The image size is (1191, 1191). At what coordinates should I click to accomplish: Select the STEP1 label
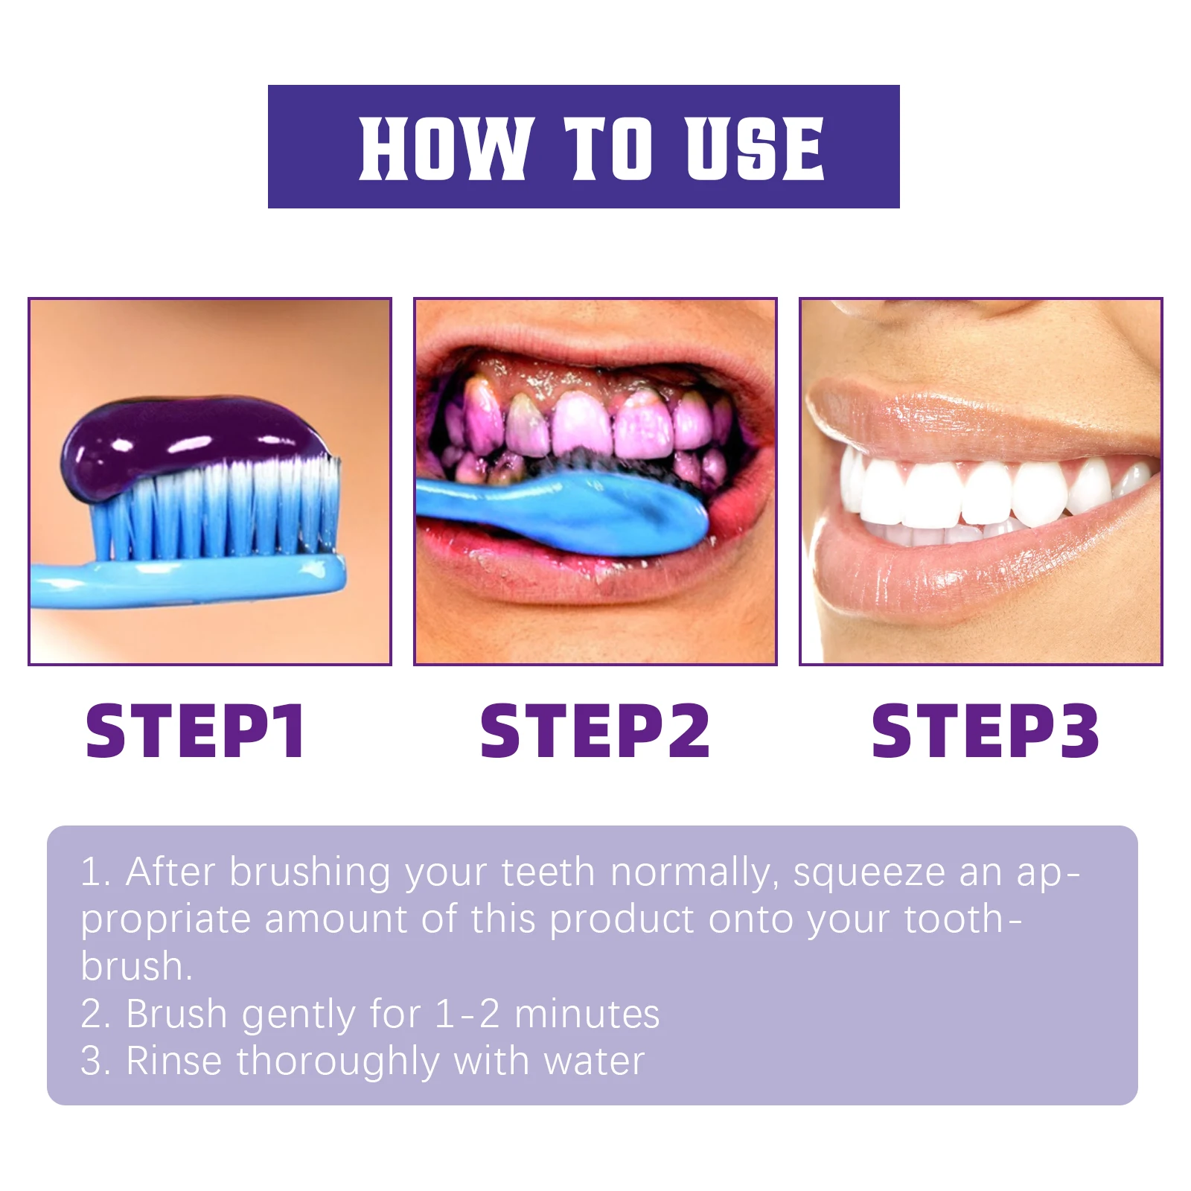pos(195,731)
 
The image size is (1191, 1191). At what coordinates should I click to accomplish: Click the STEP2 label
pos(594,731)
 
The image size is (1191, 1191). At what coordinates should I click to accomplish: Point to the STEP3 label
pos(984,731)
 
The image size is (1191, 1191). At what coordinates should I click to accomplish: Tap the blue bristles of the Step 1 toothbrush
pos(216,514)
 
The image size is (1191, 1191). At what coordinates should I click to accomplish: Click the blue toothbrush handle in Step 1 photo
pos(186,581)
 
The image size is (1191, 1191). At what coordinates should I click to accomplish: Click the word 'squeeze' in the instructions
pos(869,873)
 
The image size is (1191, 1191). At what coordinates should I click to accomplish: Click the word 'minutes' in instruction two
pos(587,1014)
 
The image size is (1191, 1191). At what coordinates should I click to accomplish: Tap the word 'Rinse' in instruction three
pos(174,1061)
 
